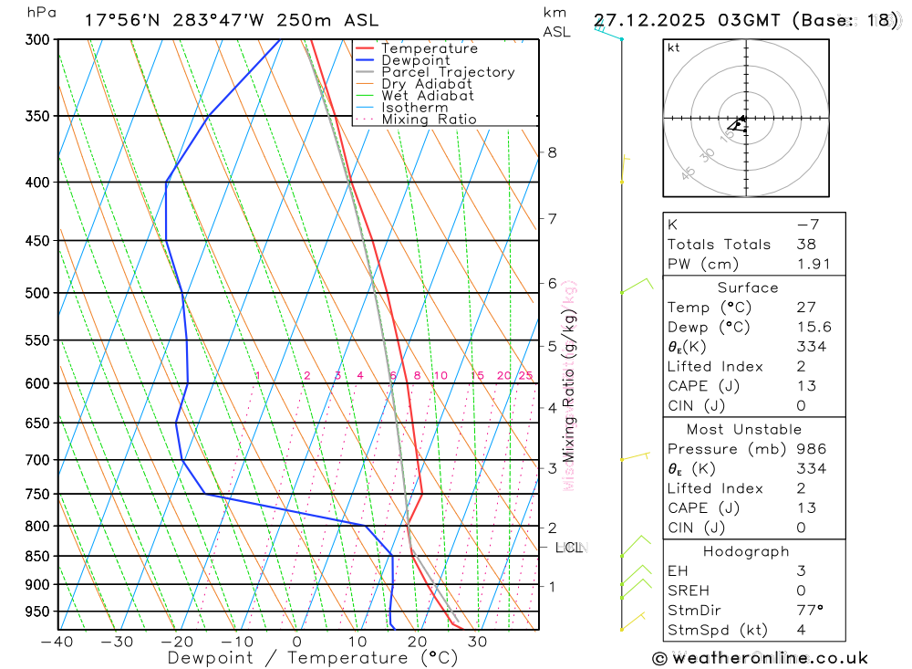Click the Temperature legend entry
pos(429,48)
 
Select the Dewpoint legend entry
pos(415,60)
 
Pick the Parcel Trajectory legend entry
pos(448,72)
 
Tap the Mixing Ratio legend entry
pos(429,120)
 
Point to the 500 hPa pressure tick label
pos(36,293)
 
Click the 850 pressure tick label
pos(36,556)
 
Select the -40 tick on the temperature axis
pos(57,642)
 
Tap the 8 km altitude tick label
pos(552,152)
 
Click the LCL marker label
pos(568,548)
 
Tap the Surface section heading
pos(748,287)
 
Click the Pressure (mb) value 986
pos(811,449)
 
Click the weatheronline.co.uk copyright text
pos(761,658)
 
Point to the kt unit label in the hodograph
pos(674,47)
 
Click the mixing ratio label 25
pos(525,376)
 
